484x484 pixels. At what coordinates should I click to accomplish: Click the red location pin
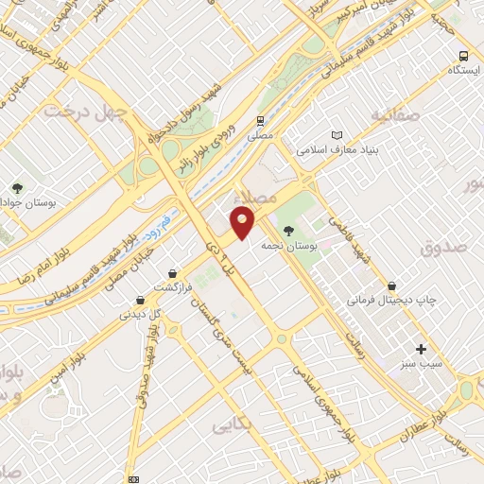pos(243,223)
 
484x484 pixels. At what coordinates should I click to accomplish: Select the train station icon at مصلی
pos(259,121)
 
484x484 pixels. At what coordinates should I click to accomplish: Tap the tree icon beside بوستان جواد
pos(17,187)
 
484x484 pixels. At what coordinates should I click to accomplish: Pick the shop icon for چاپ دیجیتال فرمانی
pos(391,285)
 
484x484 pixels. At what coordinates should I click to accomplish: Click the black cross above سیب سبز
pos(422,348)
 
